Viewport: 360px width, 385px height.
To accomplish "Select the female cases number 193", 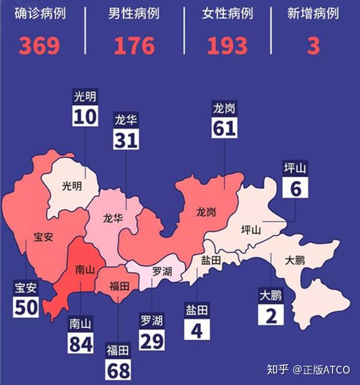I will (x=227, y=46).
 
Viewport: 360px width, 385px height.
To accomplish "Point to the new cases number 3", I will (x=313, y=46).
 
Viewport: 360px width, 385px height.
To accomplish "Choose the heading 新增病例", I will (x=313, y=13).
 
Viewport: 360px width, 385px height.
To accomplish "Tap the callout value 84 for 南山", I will (x=80, y=345).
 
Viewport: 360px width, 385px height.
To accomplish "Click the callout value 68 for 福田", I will (x=119, y=369).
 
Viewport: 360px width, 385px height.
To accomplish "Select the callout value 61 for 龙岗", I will (x=224, y=127).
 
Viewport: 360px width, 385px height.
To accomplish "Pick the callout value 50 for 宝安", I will (x=26, y=308).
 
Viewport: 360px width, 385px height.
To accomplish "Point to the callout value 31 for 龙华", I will (x=126, y=139).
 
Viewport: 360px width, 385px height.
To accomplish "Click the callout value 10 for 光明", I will (x=85, y=117).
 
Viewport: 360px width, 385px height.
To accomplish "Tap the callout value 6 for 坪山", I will (x=295, y=189).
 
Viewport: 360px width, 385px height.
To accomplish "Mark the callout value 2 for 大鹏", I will (x=271, y=315).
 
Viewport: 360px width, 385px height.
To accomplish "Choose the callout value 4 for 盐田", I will (x=196, y=330).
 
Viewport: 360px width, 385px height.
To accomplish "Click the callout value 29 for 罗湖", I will (x=151, y=340).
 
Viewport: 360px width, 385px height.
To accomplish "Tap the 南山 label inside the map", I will (x=85, y=270).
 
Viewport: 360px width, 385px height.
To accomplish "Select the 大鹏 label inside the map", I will (x=295, y=261).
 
